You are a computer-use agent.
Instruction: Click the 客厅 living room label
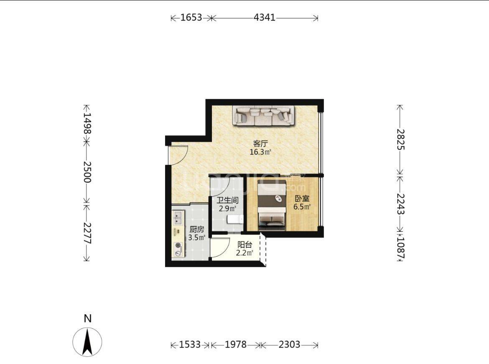click(260, 144)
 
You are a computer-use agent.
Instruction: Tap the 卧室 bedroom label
click(302, 199)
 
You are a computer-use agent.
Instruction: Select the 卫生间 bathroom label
click(228, 200)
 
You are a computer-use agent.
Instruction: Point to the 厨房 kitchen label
click(197, 229)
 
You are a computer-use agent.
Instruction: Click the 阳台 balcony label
click(244, 245)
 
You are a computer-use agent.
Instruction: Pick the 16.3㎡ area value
click(260, 152)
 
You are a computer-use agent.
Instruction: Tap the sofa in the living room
click(264, 116)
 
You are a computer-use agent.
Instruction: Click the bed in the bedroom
click(272, 205)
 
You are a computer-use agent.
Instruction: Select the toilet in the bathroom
click(235, 219)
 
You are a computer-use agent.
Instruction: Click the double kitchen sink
click(178, 218)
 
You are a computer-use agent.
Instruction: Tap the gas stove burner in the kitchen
click(178, 246)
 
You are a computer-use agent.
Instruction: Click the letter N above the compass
click(88, 318)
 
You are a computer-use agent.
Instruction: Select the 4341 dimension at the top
click(265, 17)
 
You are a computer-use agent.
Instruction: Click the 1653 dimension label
click(191, 17)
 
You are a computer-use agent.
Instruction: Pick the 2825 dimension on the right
click(400, 140)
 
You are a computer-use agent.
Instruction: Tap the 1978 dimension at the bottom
click(236, 344)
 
